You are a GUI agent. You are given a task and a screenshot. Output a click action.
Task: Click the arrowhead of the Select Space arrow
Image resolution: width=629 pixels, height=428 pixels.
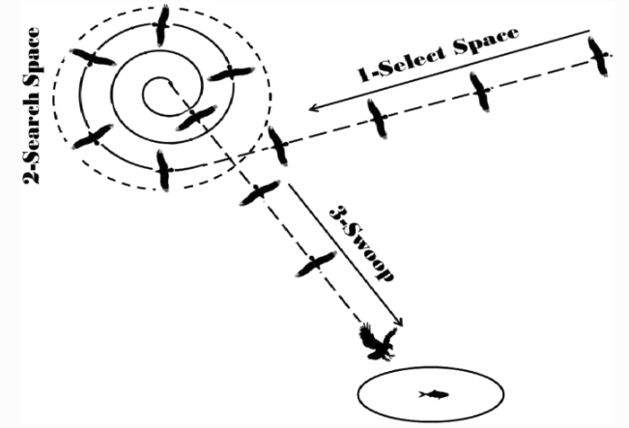(312, 106)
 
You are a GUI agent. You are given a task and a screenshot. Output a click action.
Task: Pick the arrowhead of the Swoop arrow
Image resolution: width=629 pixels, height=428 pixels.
(398, 326)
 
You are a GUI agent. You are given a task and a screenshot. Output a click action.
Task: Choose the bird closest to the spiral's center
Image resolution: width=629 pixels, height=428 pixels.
(196, 118)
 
